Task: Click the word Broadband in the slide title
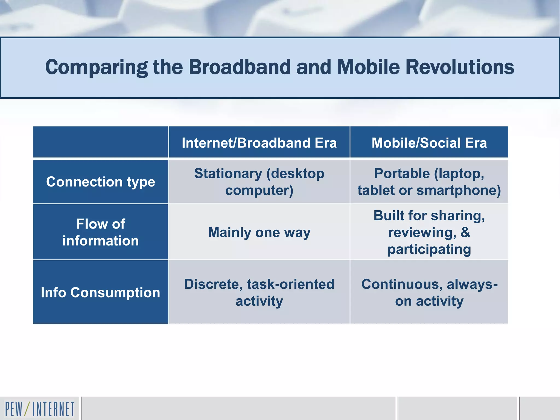(240, 67)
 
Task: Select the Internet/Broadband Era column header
(259, 143)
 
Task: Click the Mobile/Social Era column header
(429, 143)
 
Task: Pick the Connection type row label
(100, 182)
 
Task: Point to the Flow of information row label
(100, 232)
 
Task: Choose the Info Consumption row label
(100, 292)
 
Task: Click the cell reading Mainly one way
(259, 232)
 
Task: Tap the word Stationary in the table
(228, 173)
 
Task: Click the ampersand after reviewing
(465, 232)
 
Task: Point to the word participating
(429, 249)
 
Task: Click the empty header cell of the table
(100, 142)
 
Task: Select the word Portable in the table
(402, 173)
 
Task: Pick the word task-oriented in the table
(290, 284)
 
